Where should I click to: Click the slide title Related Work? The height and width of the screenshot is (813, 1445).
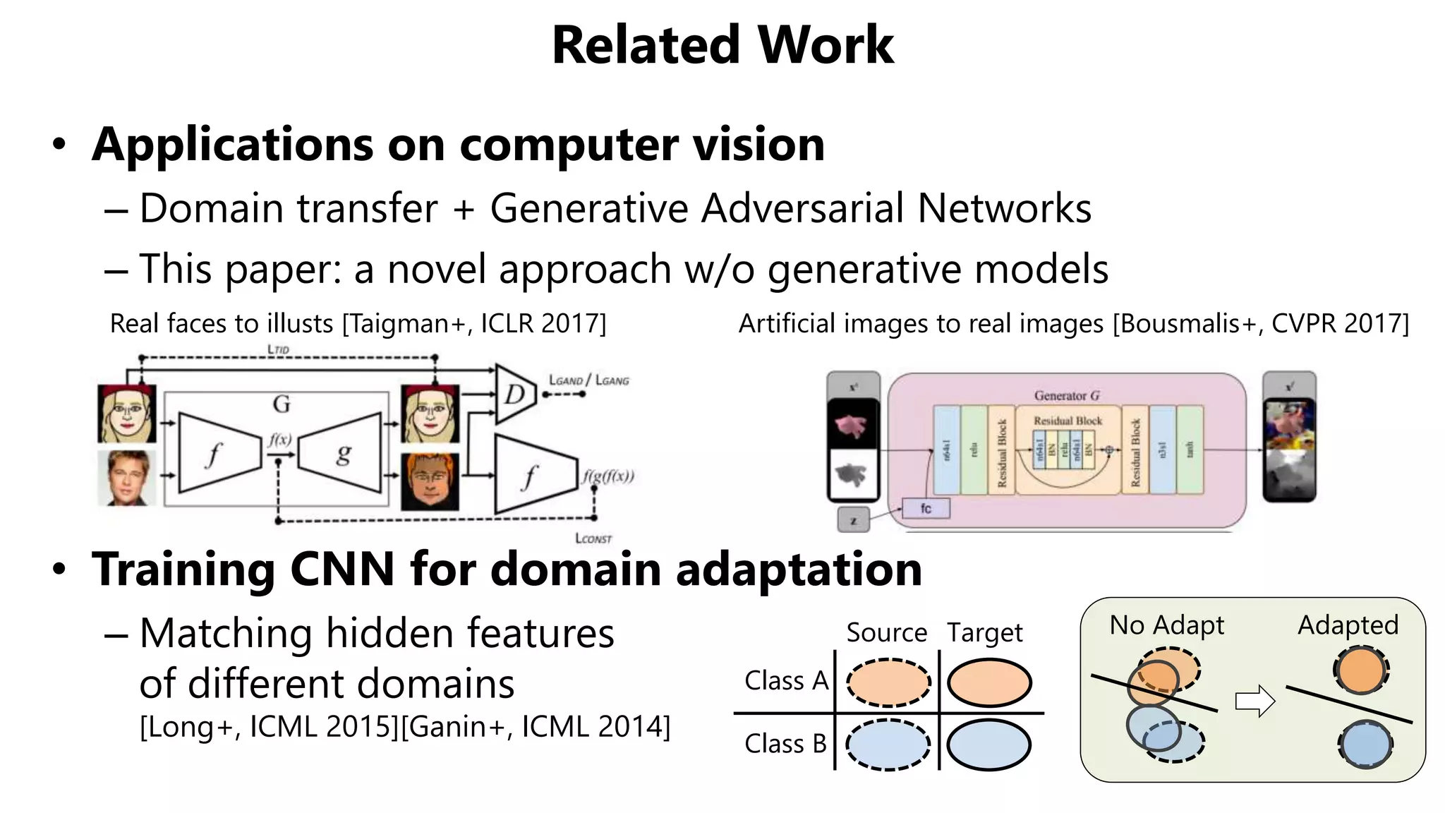(722, 45)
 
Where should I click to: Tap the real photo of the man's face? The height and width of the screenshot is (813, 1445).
(127, 478)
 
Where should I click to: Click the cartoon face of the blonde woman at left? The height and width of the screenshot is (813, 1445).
(127, 414)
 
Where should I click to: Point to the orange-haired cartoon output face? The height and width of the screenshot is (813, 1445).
(430, 481)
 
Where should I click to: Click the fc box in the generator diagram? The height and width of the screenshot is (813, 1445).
(926, 508)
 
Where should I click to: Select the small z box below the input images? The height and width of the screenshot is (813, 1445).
(854, 521)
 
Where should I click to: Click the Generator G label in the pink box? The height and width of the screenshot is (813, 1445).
(1067, 396)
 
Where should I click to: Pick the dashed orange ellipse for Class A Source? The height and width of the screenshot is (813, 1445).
(888, 682)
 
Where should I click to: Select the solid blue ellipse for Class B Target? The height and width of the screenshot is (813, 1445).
(988, 745)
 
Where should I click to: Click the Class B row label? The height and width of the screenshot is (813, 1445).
(785, 744)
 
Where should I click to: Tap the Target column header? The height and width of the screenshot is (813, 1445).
(984, 632)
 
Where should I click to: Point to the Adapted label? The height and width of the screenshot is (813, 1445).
(1348, 625)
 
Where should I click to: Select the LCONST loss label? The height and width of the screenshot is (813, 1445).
(593, 538)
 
